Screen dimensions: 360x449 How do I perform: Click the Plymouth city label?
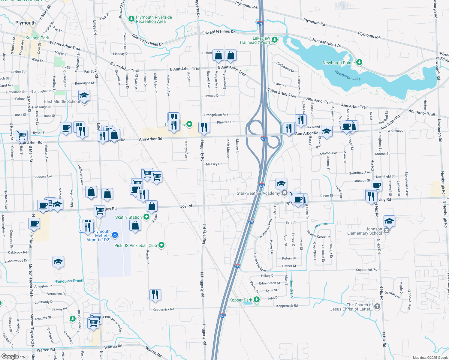coord(26,23)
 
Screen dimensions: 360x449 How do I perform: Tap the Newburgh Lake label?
coord(348,75)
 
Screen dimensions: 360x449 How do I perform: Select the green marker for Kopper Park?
coord(256,300)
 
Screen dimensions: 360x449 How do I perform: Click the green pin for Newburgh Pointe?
coord(359,62)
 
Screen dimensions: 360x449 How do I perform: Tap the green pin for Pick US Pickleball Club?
coord(161,245)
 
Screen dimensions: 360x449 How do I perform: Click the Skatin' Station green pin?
coord(146,217)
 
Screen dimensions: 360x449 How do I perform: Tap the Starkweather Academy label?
coord(258,193)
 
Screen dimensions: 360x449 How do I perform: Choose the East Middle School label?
coord(62,101)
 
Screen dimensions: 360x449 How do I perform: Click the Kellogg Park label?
coord(37,38)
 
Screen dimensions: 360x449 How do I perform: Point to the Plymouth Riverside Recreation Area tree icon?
coord(131,19)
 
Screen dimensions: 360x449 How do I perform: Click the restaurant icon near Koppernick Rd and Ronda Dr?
coord(155,295)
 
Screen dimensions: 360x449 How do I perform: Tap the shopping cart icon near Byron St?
coord(22,135)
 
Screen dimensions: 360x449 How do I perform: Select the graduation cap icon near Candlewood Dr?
coord(58,262)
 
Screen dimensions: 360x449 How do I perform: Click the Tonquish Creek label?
coord(69,281)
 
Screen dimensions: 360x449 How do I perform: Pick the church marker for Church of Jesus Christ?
coord(377,307)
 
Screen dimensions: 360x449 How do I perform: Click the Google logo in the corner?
coord(10,356)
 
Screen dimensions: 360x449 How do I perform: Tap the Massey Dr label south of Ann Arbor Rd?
coord(214,164)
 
